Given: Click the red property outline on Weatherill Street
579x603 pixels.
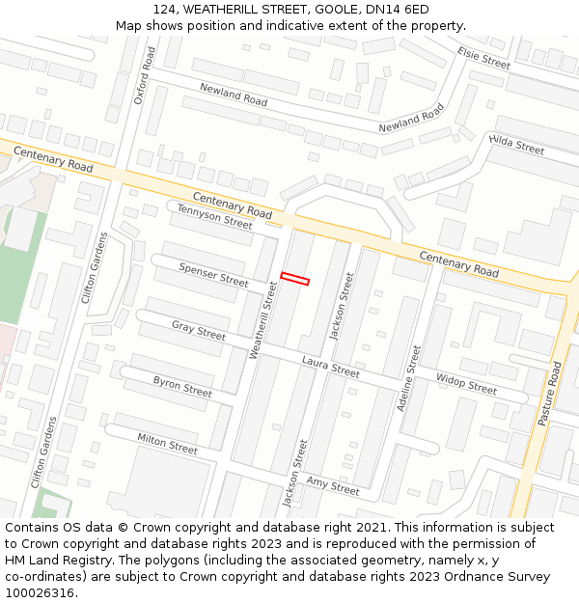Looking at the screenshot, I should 295,279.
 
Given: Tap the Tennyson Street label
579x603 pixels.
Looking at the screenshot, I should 214,216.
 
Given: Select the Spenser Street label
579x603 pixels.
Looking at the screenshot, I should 214,275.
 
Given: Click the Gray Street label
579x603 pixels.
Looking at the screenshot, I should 199,330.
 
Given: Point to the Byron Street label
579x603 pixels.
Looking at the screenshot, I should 182,387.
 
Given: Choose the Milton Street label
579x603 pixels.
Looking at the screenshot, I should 167,444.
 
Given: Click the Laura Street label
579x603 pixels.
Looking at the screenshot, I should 330,366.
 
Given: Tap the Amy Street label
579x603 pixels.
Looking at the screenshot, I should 333,485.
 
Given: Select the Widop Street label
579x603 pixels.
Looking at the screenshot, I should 466,384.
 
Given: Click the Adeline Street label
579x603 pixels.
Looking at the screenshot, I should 409,378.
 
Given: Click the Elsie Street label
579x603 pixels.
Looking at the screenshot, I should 483,58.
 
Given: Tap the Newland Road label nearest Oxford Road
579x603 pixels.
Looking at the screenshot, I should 234,94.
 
